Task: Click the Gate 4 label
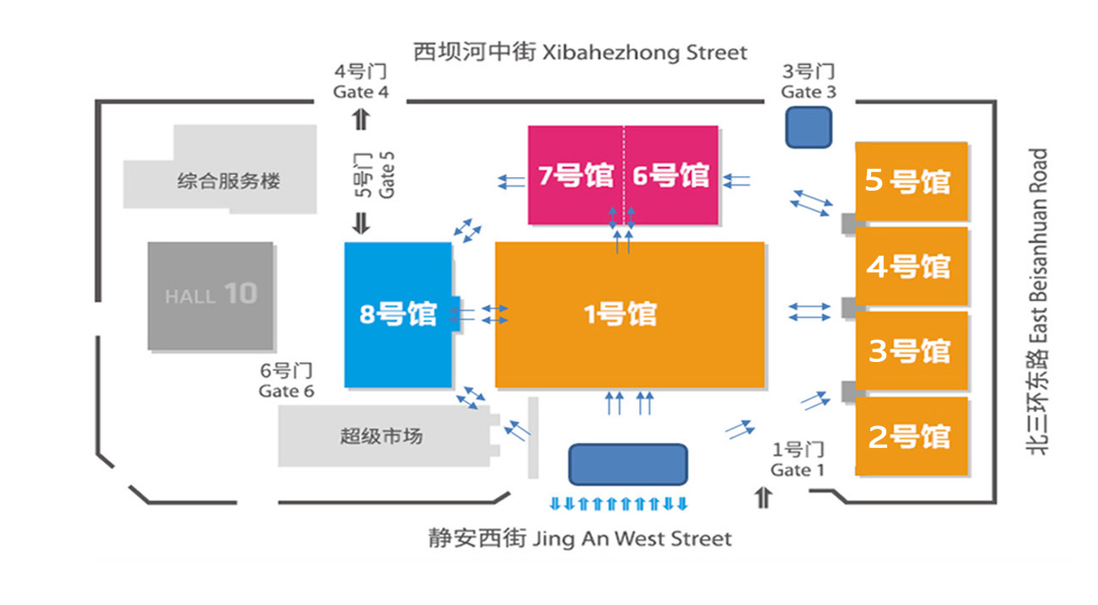[361, 82]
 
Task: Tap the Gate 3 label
[808, 82]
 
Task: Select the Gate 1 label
[797, 460]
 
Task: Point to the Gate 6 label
[286, 381]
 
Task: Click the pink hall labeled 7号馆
[576, 176]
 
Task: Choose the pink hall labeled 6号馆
[671, 176]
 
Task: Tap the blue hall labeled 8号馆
[398, 315]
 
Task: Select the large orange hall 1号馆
[629, 315]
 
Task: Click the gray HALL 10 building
[211, 295]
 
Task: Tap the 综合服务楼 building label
[229, 181]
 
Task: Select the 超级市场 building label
[381, 436]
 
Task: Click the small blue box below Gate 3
[809, 127]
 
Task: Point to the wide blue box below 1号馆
[627, 465]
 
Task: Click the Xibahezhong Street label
[580, 52]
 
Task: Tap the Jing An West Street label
[580, 538]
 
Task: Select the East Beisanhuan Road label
[1037, 302]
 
